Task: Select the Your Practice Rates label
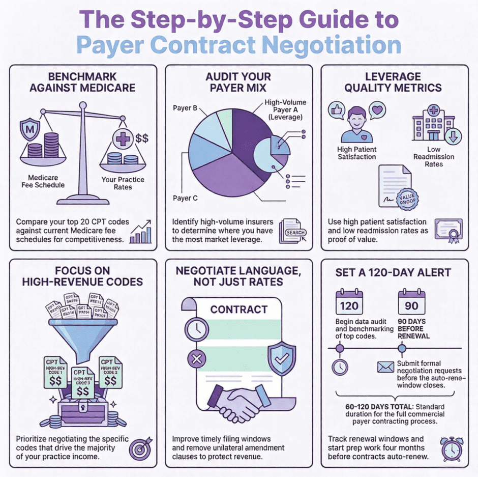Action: pos(123,183)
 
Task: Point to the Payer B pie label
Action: pos(182,108)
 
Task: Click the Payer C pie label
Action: pos(182,198)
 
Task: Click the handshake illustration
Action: pos(239,402)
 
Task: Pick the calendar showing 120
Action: pos(349,302)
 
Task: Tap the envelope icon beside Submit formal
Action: pos(385,367)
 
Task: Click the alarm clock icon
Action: pos(451,448)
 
